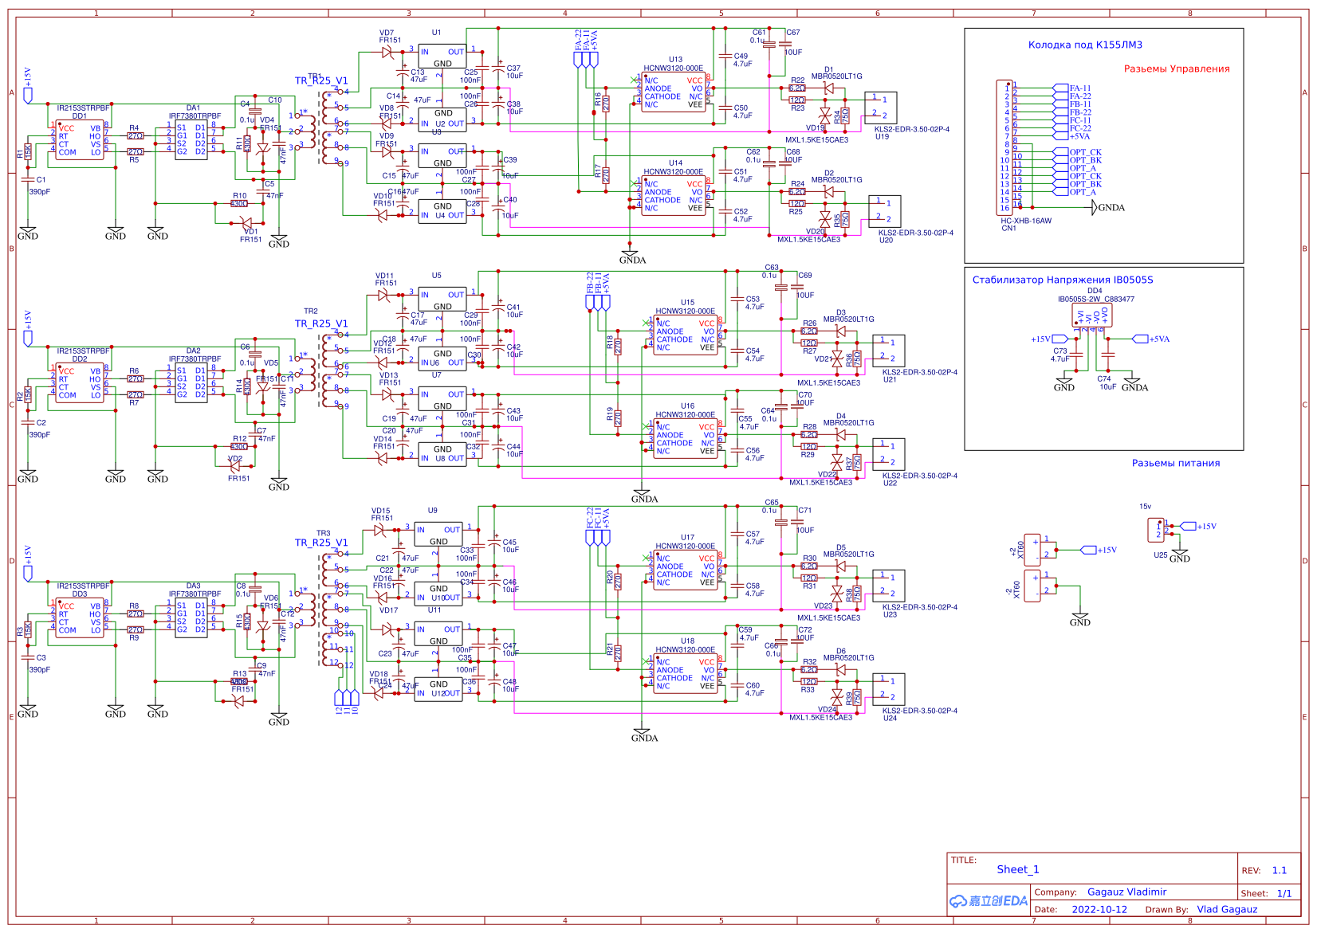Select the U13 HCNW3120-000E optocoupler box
tap(674, 92)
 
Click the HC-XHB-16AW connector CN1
tap(1006, 148)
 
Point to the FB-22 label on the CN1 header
tap(1080, 112)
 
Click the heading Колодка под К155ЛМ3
tap(1084, 45)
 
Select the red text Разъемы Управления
tap(1176, 69)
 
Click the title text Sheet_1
tap(1017, 869)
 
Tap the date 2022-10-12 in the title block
tap(1099, 909)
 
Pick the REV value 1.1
tap(1279, 870)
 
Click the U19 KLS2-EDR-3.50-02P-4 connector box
tap(881, 108)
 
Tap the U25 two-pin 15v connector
tap(1156, 530)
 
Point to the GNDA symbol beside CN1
tap(1110, 208)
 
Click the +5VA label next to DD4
tap(1158, 339)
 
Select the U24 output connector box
tap(888, 689)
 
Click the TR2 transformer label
tap(310, 312)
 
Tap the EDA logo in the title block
tap(989, 900)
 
